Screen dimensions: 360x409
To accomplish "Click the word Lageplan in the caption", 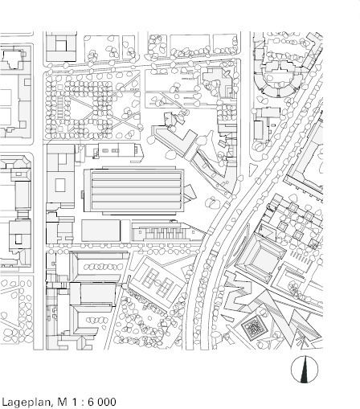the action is [27, 402].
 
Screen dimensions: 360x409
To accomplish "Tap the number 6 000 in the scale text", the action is [102, 402].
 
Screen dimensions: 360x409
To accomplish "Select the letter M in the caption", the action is [62, 402].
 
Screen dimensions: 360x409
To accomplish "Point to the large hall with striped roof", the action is [134, 190].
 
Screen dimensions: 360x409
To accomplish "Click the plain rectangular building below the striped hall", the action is [100, 231].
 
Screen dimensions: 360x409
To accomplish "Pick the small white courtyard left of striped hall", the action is [60, 185].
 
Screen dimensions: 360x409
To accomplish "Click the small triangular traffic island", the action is [252, 169].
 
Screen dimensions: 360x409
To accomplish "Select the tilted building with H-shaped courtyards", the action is [158, 281].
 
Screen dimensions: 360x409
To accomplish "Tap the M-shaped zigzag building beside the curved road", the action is [237, 291].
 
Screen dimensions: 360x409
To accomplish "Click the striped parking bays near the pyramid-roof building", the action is [301, 258].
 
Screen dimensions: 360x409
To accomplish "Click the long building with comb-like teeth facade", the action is [167, 231].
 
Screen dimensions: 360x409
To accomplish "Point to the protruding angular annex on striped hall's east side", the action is [190, 192].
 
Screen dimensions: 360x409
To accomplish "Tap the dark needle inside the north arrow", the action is [304, 370].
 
